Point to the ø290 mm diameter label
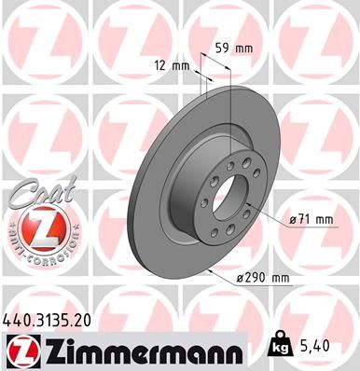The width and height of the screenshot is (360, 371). click(263, 278)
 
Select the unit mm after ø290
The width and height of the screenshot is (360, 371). click(277, 278)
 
